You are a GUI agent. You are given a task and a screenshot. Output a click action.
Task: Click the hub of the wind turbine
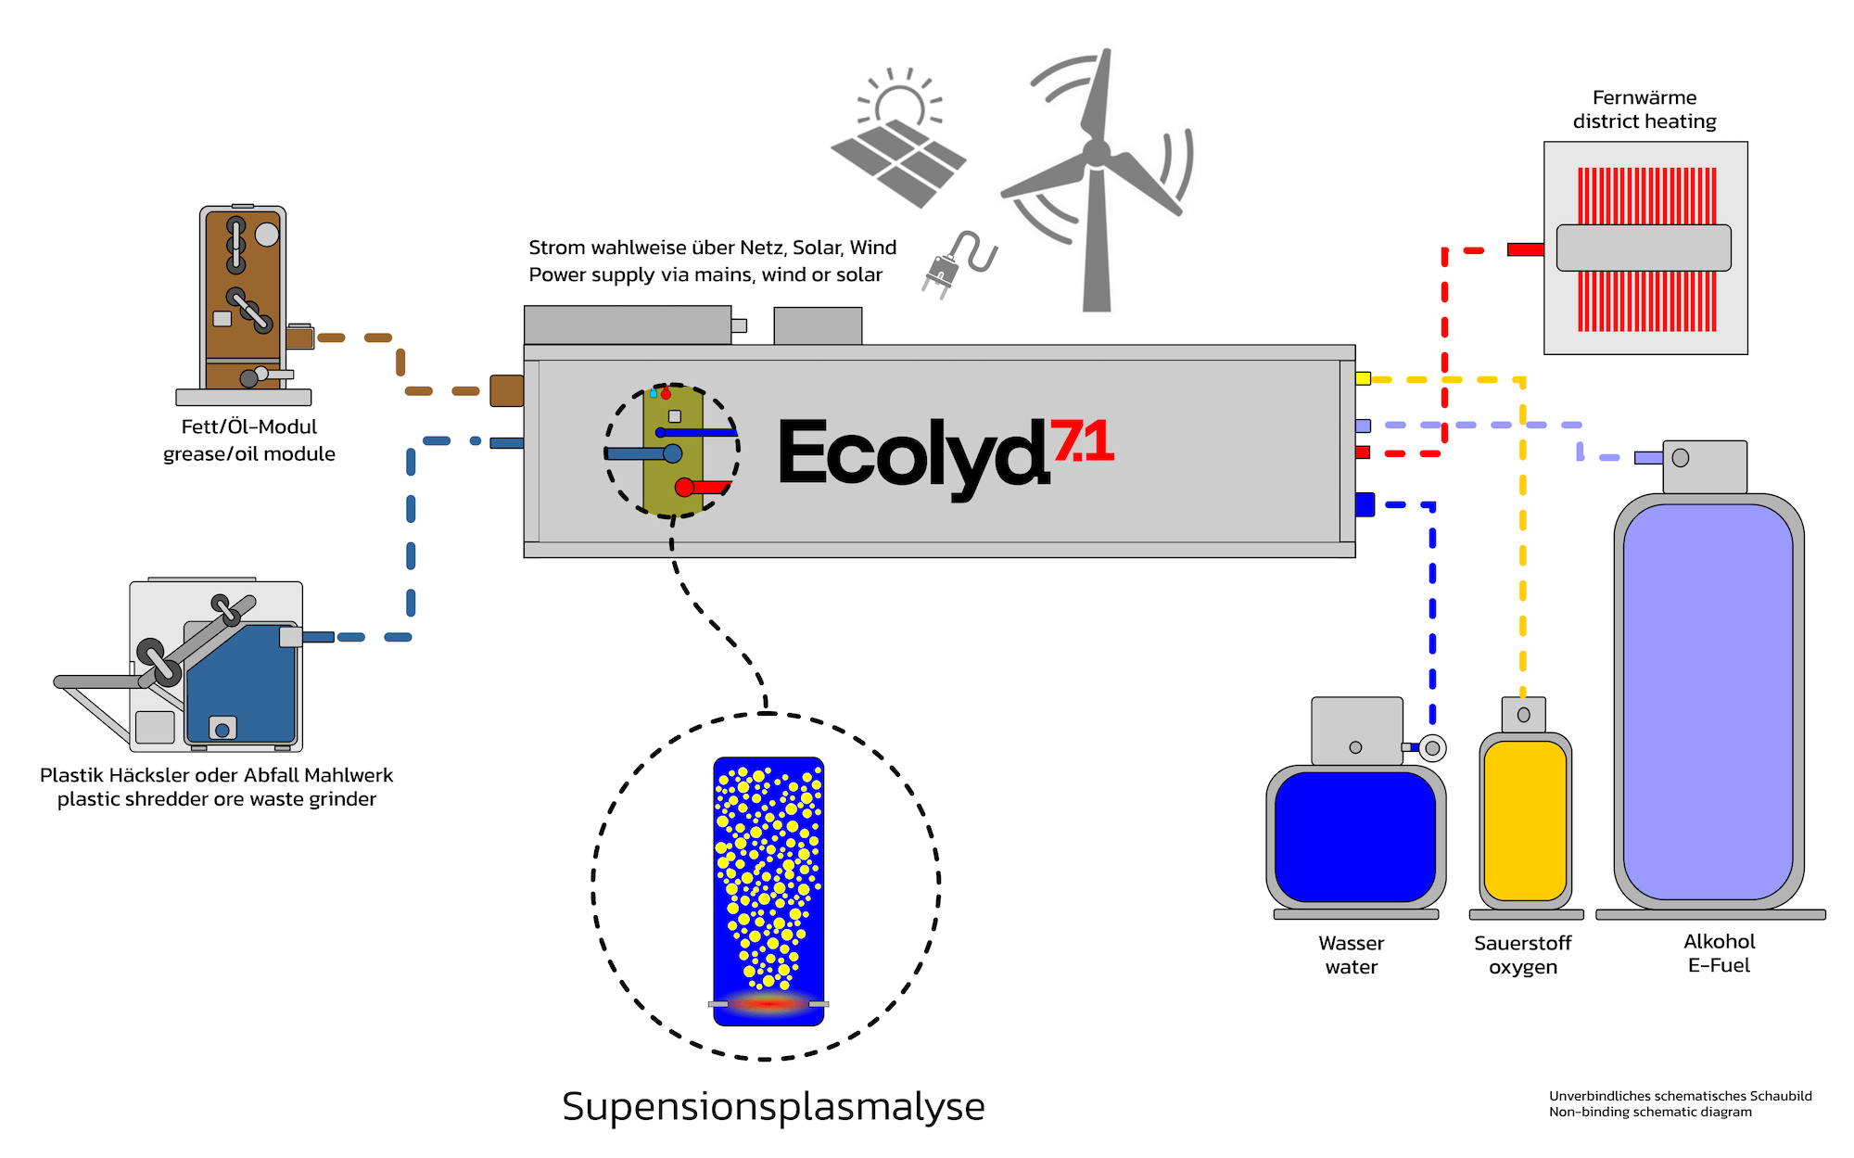1097,153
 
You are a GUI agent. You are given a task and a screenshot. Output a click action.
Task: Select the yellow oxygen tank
1524,820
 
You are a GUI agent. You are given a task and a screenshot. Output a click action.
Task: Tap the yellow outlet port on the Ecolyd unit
1363,378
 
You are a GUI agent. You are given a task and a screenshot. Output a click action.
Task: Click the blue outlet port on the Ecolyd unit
1365,504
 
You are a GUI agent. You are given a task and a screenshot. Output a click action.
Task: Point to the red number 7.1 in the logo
1082,441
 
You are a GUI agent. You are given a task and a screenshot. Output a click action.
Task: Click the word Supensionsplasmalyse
773,1106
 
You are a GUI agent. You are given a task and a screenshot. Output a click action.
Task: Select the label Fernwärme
1644,97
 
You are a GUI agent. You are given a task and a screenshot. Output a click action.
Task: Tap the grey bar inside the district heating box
1643,248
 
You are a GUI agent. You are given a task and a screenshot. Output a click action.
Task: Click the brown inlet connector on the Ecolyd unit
506,390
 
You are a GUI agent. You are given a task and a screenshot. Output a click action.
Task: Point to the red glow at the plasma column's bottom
768,1003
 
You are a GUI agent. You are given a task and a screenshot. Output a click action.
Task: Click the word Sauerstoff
1522,943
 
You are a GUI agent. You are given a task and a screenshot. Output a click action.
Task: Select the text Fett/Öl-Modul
248,426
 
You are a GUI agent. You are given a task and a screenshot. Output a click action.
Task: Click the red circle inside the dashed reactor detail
684,487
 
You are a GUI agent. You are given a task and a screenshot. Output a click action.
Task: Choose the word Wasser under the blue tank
1351,943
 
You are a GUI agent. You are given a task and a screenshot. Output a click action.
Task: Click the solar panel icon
897,163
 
